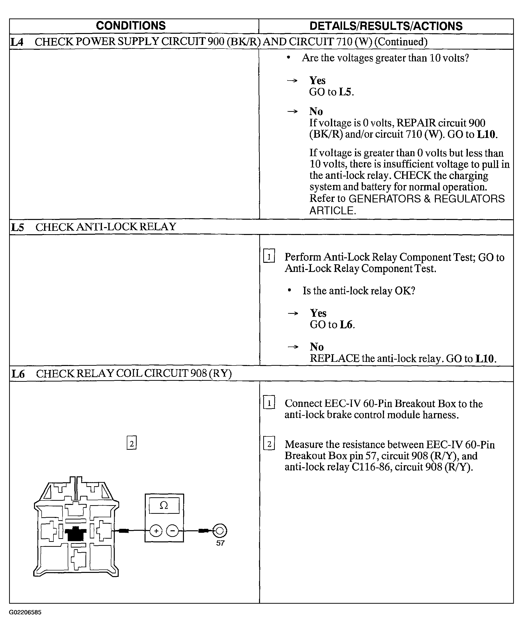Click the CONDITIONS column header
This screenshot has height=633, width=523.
tap(131, 26)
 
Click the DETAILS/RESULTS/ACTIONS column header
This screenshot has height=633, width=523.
tap(386, 26)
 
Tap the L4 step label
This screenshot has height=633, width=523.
tap(17, 42)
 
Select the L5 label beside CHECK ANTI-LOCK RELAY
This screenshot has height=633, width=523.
tap(17, 227)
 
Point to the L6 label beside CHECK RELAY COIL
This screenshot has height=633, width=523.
tap(18, 374)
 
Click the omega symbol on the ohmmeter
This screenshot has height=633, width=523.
tap(163, 505)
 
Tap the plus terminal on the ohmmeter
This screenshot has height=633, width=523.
tap(156, 531)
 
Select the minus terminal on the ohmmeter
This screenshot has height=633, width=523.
tap(172, 531)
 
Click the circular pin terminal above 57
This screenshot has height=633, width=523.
tap(220, 531)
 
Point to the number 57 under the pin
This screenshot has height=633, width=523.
tap(220, 543)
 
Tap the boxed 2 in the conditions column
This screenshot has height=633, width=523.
tap(131, 443)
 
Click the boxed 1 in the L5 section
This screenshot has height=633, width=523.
tap(269, 256)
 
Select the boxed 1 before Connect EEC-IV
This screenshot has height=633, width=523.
tap(269, 402)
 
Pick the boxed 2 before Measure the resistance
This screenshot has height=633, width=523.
tap(269, 444)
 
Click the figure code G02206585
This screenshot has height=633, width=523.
tap(25, 612)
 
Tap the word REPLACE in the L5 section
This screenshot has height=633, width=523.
tap(334, 359)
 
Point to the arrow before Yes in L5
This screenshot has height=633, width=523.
tap(293, 313)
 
